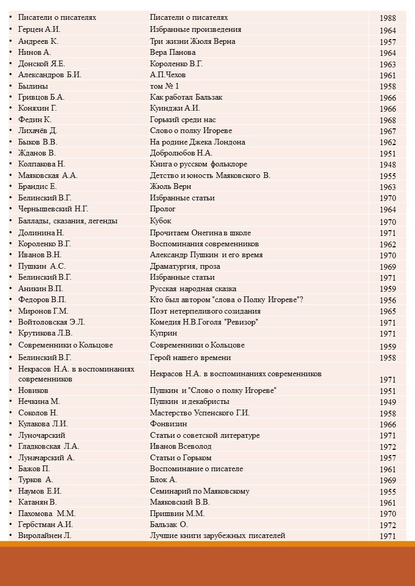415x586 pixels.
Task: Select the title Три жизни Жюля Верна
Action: (x=192, y=41)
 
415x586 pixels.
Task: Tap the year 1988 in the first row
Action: (x=387, y=18)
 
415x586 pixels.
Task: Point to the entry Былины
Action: (x=33, y=86)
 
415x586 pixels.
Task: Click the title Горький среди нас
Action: (x=182, y=119)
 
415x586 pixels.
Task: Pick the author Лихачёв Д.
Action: (x=38, y=130)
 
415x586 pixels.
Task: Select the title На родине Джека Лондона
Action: (x=197, y=142)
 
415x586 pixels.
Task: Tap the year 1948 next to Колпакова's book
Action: (x=387, y=164)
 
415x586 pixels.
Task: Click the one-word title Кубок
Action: (x=160, y=221)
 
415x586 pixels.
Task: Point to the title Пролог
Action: (x=163, y=209)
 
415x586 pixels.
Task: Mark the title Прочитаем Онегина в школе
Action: (x=200, y=233)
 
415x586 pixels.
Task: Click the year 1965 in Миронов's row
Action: (x=387, y=312)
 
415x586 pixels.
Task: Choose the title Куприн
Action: (x=164, y=333)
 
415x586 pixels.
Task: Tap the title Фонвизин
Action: (x=168, y=424)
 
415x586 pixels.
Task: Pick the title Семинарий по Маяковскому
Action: (x=199, y=491)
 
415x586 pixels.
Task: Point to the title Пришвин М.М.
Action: (x=177, y=513)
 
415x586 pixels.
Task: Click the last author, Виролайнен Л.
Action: (x=45, y=535)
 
